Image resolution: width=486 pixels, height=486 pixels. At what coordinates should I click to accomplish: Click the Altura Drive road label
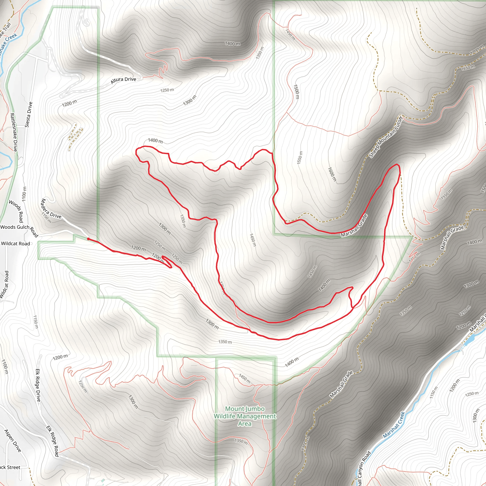click(x=123, y=80)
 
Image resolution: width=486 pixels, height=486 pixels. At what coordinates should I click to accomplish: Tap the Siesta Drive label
click(x=29, y=114)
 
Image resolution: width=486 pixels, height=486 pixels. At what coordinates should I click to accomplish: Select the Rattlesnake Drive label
click(x=14, y=132)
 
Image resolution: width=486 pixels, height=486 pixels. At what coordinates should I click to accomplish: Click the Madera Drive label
click(x=51, y=209)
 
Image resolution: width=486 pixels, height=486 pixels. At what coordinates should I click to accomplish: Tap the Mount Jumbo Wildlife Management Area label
click(x=245, y=416)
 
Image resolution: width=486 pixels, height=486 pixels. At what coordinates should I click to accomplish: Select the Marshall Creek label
click(x=394, y=425)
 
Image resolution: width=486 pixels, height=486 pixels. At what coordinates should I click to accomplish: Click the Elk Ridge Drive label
click(x=38, y=385)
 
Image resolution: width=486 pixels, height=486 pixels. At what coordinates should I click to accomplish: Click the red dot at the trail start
click(x=88, y=239)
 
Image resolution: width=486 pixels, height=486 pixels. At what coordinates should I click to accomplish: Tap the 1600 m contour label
click(x=332, y=174)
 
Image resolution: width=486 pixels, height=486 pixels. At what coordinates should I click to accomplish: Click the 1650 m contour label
click(x=468, y=68)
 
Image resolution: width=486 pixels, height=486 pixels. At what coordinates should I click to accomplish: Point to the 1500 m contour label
click(x=297, y=92)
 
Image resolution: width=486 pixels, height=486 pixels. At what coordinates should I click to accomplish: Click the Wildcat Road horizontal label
click(x=15, y=243)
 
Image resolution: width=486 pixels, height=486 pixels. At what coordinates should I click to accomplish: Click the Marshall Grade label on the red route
click(x=354, y=226)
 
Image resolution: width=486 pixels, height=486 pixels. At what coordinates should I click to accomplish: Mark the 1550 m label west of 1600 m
click(x=300, y=158)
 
